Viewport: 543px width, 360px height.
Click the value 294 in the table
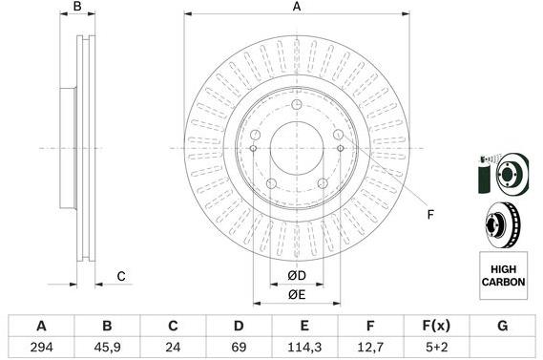click(x=42, y=347)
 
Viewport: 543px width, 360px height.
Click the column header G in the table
click(x=502, y=325)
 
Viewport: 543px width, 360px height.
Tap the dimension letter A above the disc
click(x=297, y=9)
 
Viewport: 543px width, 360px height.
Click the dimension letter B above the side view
click(x=78, y=9)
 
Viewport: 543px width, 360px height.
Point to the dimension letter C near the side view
click(x=121, y=277)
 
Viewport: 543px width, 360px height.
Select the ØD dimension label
click(x=297, y=277)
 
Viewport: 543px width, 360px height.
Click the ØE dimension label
click(x=297, y=295)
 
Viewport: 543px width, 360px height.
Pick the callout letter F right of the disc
click(x=429, y=214)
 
